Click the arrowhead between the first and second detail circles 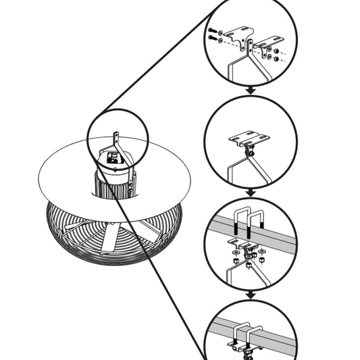(250, 89)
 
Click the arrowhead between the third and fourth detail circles (250, 295)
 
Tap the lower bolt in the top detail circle (214, 42)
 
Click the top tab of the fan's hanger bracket (116, 138)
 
